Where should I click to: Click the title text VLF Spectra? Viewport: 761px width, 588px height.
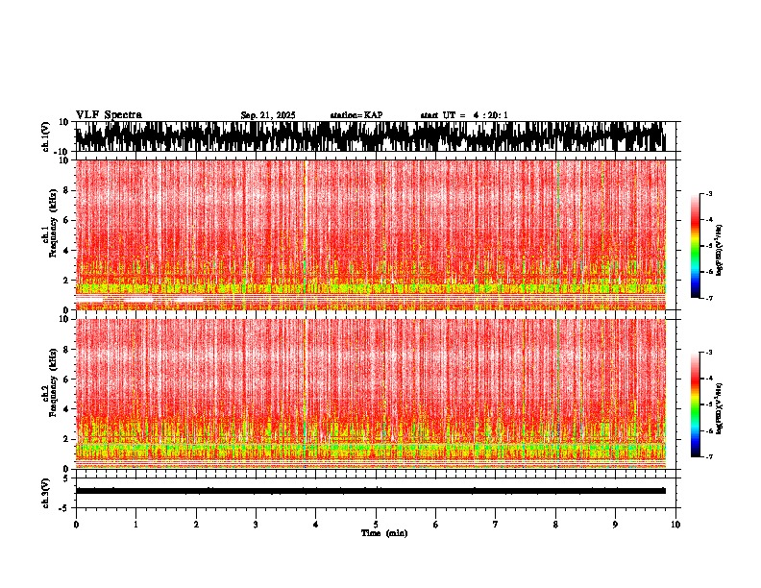click(x=109, y=114)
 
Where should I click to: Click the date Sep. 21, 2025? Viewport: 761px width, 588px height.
click(x=267, y=115)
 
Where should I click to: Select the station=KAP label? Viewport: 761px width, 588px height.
click(x=356, y=115)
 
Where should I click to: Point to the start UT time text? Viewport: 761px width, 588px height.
click(x=464, y=115)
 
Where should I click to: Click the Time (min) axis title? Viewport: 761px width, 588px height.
click(x=383, y=532)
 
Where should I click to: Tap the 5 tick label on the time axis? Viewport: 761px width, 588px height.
click(x=376, y=524)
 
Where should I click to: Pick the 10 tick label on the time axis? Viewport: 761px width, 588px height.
click(x=675, y=524)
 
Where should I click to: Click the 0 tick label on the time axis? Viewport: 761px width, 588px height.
click(x=76, y=524)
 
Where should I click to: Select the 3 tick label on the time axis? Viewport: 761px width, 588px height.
click(x=256, y=524)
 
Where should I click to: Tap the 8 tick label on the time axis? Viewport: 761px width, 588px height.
click(x=555, y=524)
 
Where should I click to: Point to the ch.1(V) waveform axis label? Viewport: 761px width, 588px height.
click(x=45, y=136)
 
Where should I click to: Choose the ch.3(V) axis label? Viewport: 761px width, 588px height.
click(x=45, y=491)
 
